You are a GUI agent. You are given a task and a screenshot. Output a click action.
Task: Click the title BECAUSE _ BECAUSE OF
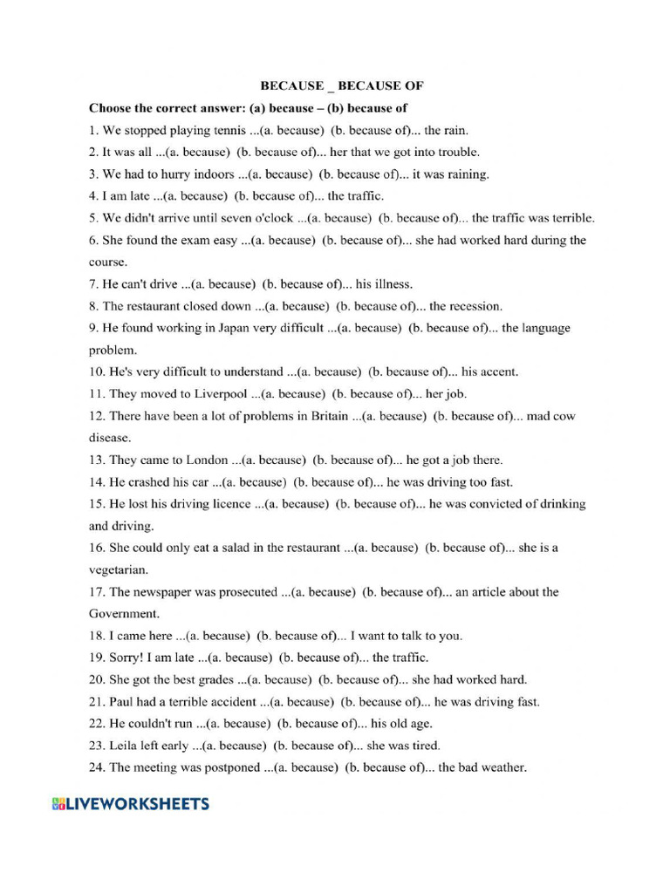(x=341, y=86)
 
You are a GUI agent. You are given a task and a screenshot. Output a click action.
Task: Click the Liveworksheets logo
(x=131, y=803)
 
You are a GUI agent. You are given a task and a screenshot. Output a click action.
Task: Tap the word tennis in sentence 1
(x=215, y=130)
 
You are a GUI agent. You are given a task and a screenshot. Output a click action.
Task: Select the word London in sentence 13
(x=206, y=460)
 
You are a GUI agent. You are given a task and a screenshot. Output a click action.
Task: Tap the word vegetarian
(x=119, y=569)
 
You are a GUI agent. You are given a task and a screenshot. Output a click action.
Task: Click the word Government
(x=124, y=613)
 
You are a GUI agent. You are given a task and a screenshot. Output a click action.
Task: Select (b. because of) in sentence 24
(x=388, y=767)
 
